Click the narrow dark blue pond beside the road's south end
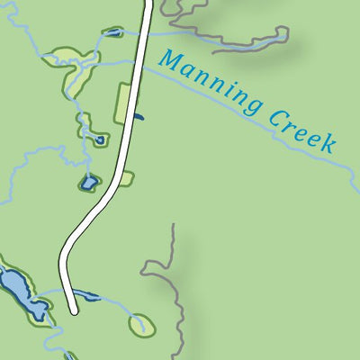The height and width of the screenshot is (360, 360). pyautogui.click(x=86, y=296)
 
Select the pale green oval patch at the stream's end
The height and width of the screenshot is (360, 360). pyautogui.click(x=141, y=325)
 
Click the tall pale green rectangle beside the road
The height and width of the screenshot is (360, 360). pyautogui.click(x=122, y=103)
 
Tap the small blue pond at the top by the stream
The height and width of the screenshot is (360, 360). pyautogui.click(x=112, y=33)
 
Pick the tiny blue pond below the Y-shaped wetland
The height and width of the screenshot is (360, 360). pyautogui.click(x=100, y=140)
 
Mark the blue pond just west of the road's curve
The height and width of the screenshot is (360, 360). pyautogui.click(x=88, y=183)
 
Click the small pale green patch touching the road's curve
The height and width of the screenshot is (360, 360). pyautogui.click(x=125, y=178)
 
